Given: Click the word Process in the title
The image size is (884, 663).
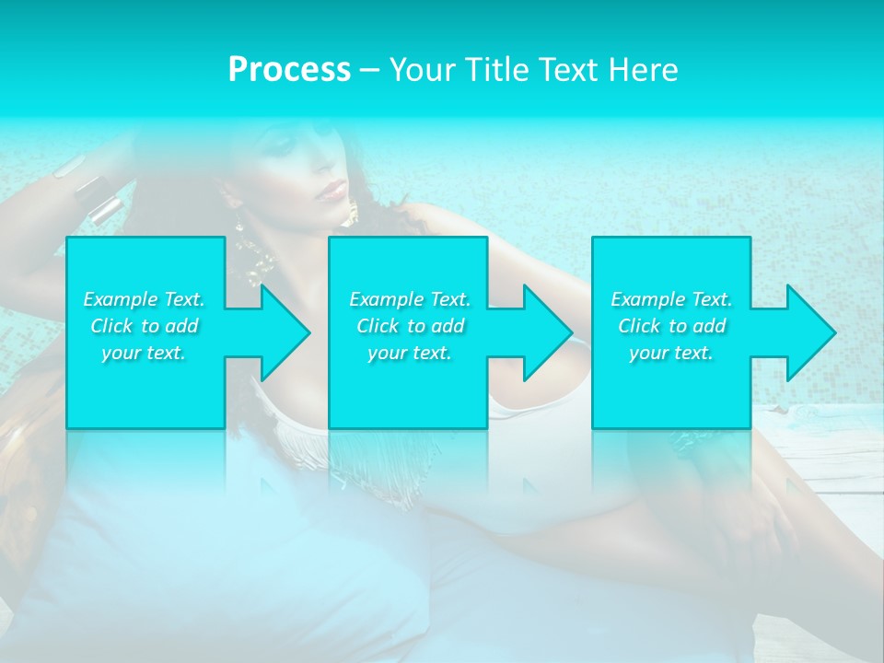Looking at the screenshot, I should click(289, 70).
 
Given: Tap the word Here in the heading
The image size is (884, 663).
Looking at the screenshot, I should click(644, 70).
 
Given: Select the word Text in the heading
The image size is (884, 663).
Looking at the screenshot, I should click(569, 70).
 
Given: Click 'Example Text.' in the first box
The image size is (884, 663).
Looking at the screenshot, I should click(144, 299).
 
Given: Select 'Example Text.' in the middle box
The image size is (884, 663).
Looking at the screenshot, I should click(410, 299).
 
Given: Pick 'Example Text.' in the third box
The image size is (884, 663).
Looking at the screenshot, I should click(671, 299).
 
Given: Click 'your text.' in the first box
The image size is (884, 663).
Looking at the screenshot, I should click(144, 353).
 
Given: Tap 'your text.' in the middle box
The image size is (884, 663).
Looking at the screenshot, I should click(410, 353).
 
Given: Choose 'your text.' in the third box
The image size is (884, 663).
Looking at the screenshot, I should click(671, 353).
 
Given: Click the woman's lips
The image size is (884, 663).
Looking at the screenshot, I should click(332, 192).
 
